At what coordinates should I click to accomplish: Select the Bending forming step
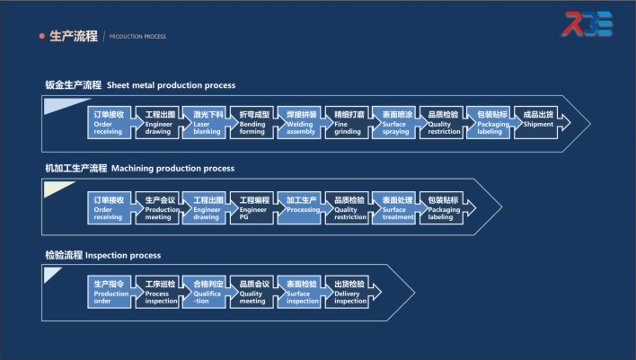(256, 123)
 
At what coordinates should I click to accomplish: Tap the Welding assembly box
(303, 123)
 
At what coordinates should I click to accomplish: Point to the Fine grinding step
(349, 123)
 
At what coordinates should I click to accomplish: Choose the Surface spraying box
(396, 123)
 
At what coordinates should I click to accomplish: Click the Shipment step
(539, 123)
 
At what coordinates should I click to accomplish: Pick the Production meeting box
(162, 207)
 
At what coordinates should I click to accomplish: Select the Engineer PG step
(256, 207)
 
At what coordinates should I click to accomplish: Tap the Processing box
(303, 207)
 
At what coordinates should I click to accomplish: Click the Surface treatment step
(396, 207)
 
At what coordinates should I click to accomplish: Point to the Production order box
(112, 292)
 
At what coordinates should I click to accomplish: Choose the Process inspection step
(162, 292)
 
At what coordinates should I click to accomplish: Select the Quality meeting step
(256, 292)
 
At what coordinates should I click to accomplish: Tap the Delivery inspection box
(349, 292)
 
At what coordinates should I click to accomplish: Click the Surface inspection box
(303, 292)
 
